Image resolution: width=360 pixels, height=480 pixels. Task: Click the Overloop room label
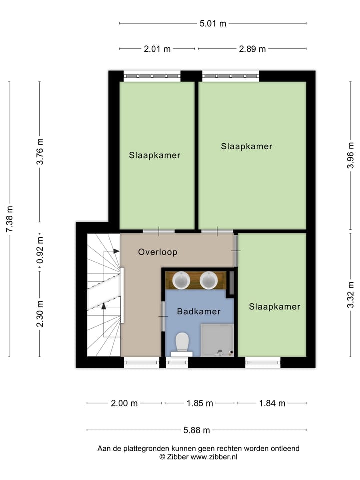pyautogui.click(x=157, y=252)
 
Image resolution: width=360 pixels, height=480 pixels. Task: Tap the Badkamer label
pyautogui.click(x=198, y=311)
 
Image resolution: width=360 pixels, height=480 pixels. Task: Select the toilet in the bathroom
pyautogui.click(x=182, y=343)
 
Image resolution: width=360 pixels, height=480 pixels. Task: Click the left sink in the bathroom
pyautogui.click(x=181, y=280)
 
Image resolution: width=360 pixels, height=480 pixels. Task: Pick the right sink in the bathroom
pyautogui.click(x=208, y=280)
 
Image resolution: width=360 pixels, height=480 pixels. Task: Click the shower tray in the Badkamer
pyautogui.click(x=217, y=340)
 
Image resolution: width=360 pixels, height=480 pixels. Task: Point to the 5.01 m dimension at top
pyautogui.click(x=213, y=23)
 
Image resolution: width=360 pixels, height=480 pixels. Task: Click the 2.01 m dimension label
pyautogui.click(x=157, y=49)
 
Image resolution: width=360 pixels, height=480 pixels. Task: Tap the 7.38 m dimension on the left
pyautogui.click(x=9, y=220)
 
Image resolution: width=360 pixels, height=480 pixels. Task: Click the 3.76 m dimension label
pyautogui.click(x=40, y=151)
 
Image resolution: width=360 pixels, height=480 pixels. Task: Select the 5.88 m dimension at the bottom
pyautogui.click(x=196, y=430)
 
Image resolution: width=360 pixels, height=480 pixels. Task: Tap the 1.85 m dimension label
pyautogui.click(x=199, y=403)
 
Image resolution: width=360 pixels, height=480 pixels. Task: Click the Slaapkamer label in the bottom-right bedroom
pyautogui.click(x=274, y=307)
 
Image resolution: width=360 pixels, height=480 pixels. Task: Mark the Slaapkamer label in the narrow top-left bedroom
pyautogui.click(x=154, y=155)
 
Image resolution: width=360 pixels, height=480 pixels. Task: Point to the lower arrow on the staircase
pyautogui.click(x=104, y=306)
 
